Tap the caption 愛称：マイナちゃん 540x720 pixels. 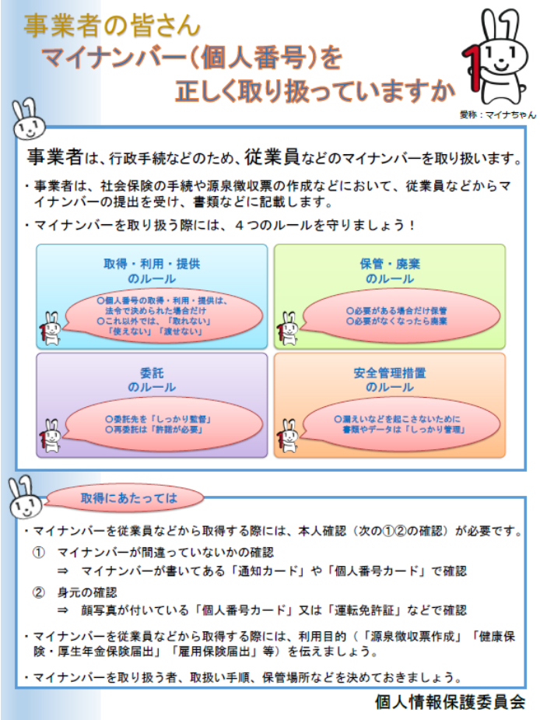coord(498,114)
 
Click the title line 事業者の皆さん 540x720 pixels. coord(112,25)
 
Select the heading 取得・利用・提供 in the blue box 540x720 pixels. coord(152,264)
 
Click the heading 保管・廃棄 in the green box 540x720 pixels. coord(390,264)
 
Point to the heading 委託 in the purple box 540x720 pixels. coord(152,373)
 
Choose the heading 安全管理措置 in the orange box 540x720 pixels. coord(390,373)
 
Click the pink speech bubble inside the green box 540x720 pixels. coord(401,316)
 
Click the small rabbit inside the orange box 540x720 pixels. coord(288,436)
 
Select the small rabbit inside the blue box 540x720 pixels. coord(51,328)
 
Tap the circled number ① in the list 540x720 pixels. coord(39,553)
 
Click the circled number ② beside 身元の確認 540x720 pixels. coord(39,592)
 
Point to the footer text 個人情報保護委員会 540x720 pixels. coord(450,701)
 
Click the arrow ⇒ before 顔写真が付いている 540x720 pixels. coord(62,611)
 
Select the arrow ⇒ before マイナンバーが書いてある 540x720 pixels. coord(62,571)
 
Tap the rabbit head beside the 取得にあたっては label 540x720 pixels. coord(25,498)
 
